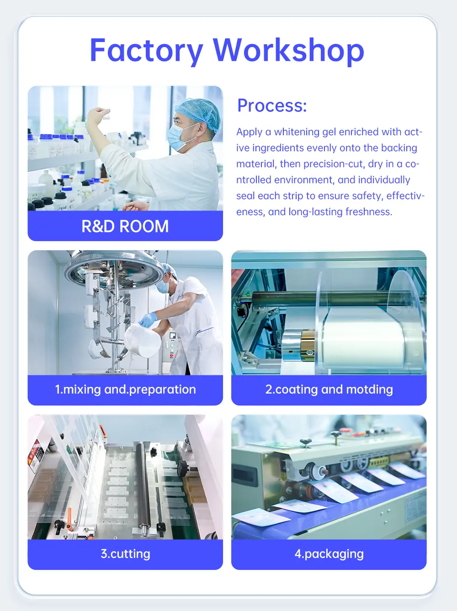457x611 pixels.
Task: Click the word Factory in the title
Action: (147, 51)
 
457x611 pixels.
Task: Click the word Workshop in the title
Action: (288, 50)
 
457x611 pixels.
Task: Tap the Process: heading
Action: (272, 105)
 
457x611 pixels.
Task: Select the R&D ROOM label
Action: (125, 226)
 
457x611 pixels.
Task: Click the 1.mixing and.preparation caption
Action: (125, 390)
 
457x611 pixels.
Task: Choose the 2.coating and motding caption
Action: (329, 390)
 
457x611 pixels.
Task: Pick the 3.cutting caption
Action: (125, 554)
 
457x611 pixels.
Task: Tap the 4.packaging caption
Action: (329, 554)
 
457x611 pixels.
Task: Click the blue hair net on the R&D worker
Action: (199, 113)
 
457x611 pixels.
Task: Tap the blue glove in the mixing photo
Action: (148, 319)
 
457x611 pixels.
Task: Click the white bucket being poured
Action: (143, 340)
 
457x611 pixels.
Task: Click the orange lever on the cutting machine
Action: (69, 515)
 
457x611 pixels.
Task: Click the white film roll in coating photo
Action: (365, 340)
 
